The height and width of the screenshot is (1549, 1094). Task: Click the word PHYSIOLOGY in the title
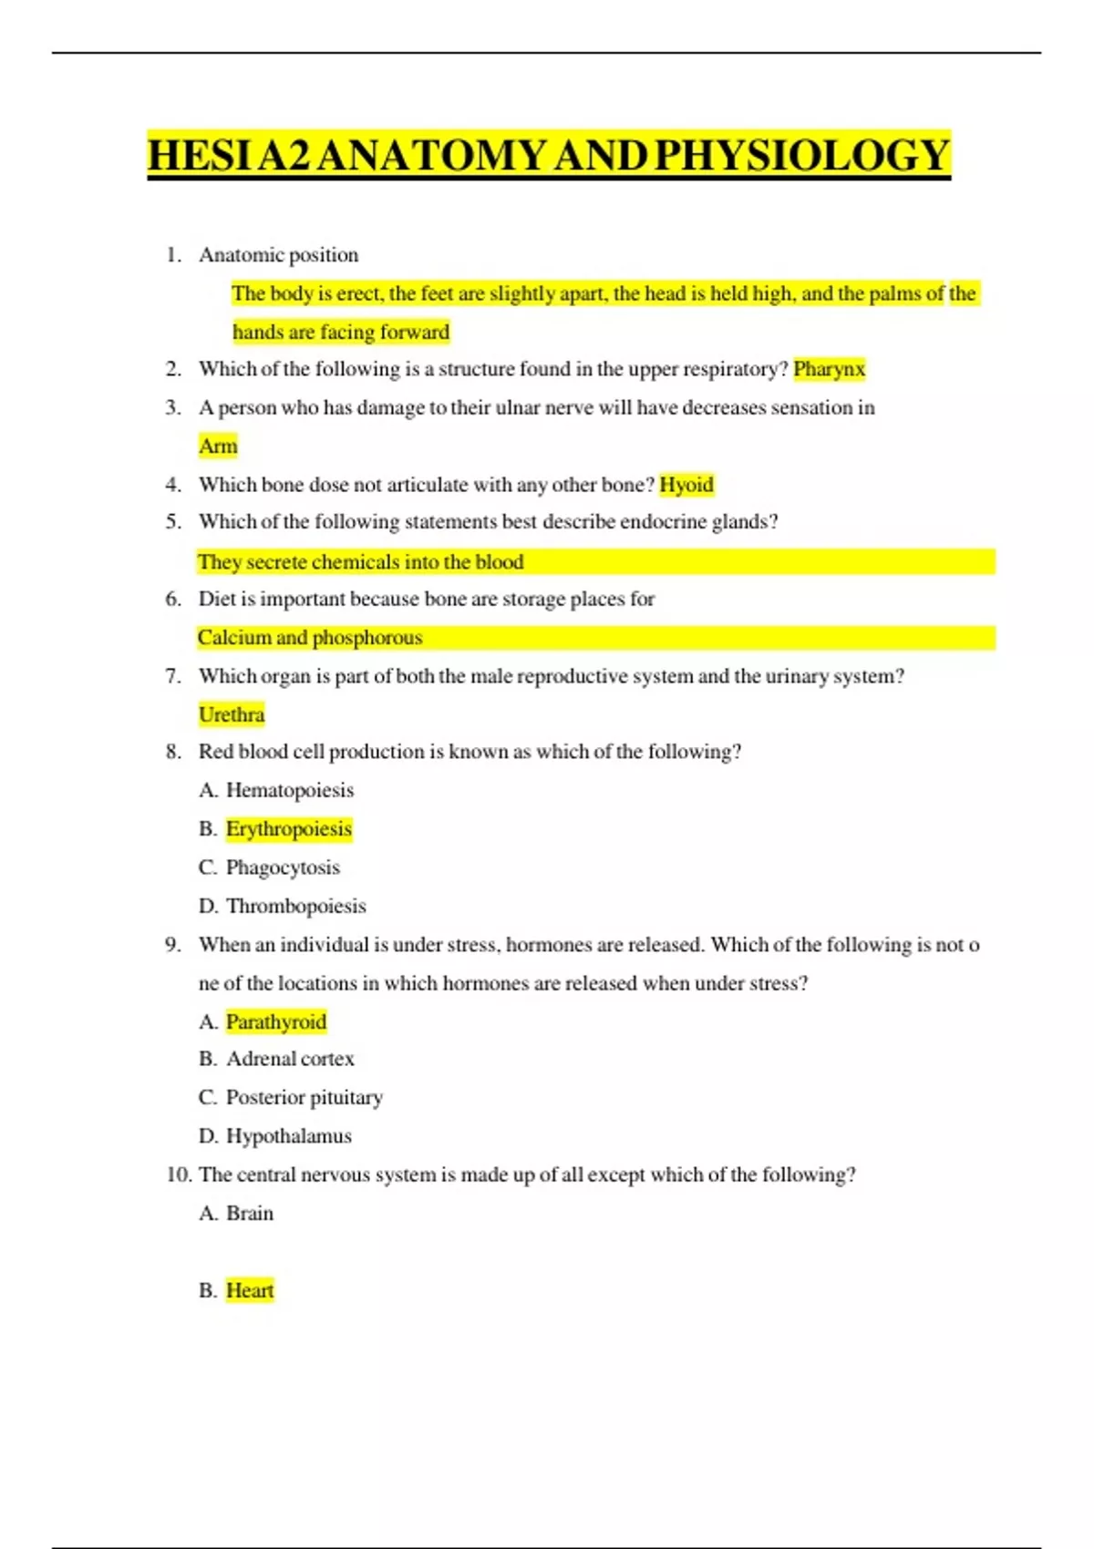pos(802,155)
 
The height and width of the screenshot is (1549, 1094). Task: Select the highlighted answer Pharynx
pos(829,369)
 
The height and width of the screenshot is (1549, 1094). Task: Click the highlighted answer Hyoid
pos(686,485)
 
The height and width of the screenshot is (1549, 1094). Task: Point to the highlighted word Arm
pos(218,446)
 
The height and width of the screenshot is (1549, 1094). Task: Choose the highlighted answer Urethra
pos(232,714)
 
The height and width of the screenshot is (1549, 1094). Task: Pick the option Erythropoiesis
pos(288,829)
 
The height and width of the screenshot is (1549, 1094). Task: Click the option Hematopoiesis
pos(289,790)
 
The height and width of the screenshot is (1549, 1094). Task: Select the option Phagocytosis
pos(283,867)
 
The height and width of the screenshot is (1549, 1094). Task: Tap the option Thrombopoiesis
pos(295,906)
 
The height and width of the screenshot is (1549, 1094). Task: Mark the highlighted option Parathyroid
pos(275,1021)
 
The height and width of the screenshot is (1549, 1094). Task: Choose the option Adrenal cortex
pos(290,1059)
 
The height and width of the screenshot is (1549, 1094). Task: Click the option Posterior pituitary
pos(304,1097)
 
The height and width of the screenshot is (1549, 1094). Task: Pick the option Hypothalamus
pos(288,1136)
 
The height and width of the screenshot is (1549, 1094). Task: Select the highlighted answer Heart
pos(249,1290)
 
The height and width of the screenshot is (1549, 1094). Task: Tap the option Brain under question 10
pos(249,1214)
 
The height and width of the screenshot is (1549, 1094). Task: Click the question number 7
pos(172,676)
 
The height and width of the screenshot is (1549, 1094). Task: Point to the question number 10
pos(178,1175)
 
